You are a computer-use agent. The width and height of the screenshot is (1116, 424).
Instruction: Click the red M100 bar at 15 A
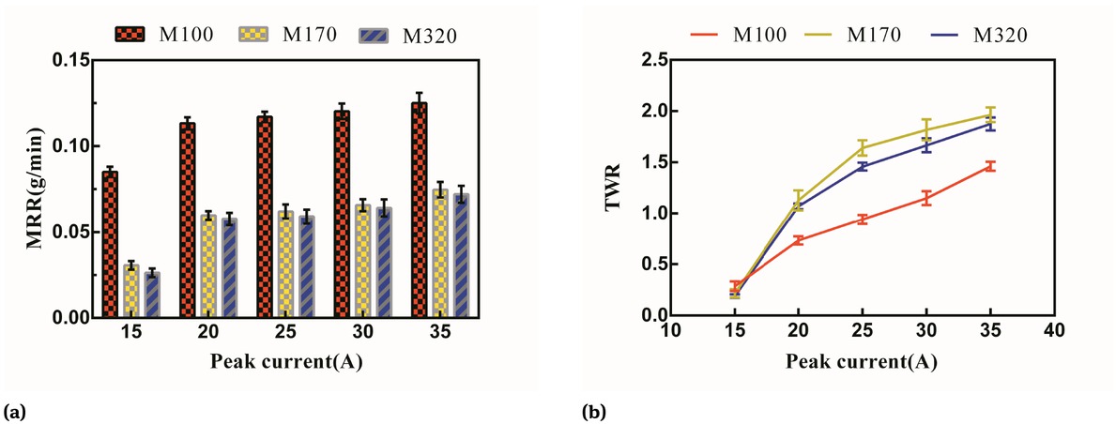click(x=110, y=245)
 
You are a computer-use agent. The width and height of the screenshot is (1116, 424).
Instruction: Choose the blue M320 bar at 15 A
click(x=152, y=295)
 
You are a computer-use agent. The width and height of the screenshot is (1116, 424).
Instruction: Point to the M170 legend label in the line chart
click(x=872, y=36)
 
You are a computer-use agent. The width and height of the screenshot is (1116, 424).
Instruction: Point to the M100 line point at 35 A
click(x=990, y=166)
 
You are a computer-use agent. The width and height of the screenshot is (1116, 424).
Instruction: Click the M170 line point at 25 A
click(x=862, y=147)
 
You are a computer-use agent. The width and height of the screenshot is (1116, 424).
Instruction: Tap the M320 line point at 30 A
click(x=925, y=144)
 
